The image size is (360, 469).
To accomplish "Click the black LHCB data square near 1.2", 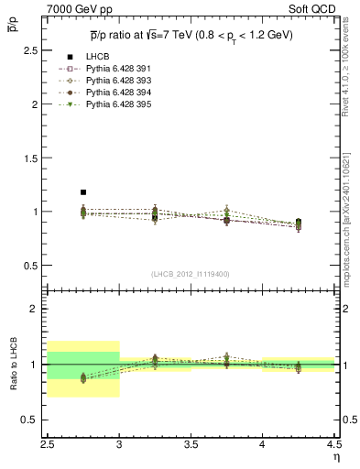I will point(83,192).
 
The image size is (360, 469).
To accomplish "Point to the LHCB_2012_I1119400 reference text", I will point(191,273).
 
